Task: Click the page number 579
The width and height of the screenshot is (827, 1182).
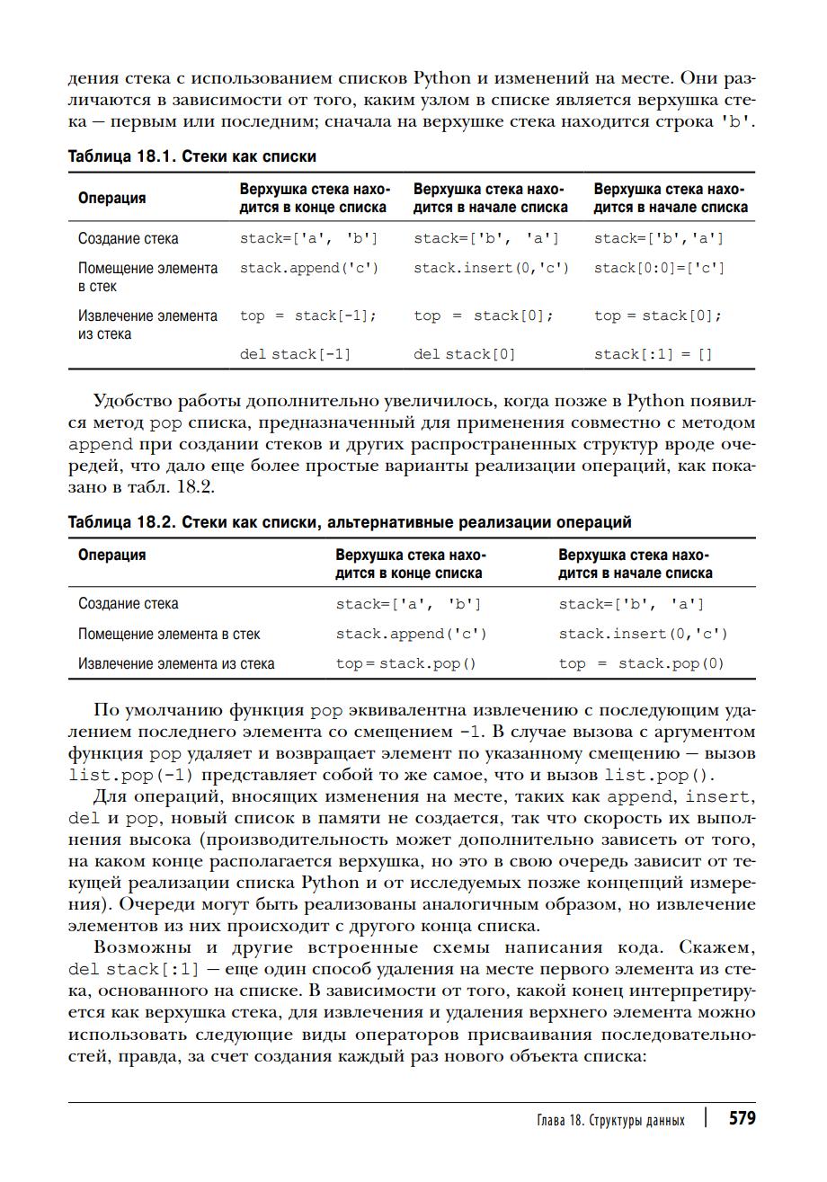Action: click(742, 1118)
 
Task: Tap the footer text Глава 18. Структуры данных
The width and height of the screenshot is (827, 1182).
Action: click(609, 1120)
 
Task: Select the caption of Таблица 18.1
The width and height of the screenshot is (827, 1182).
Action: click(192, 156)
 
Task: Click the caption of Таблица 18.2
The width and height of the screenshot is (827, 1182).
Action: click(350, 522)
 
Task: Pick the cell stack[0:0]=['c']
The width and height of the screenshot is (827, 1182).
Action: click(658, 268)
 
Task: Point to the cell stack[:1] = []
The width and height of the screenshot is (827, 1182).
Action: click(653, 354)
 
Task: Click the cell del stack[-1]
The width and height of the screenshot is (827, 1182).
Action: click(295, 354)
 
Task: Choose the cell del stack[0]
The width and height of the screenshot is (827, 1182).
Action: click(465, 354)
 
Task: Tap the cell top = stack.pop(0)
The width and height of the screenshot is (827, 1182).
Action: click(641, 663)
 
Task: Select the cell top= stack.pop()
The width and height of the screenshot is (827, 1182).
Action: click(405, 663)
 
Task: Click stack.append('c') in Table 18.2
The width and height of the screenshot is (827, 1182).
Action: click(411, 634)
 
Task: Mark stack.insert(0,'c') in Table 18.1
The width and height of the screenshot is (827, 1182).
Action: click(491, 268)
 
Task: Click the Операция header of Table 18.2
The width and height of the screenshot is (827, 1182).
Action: click(111, 555)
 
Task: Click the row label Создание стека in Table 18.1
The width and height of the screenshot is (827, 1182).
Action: click(128, 238)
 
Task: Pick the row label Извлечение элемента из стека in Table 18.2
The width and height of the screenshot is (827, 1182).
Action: click(176, 663)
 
